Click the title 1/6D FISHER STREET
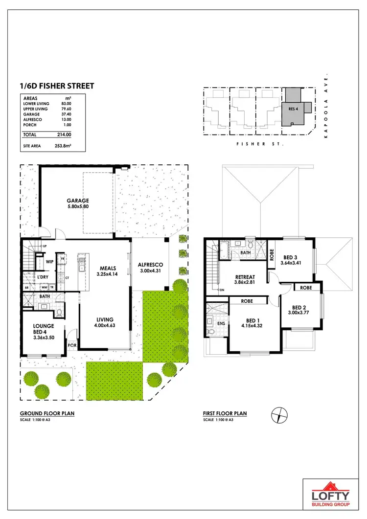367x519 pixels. [x=57, y=86]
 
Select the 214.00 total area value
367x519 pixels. [x=64, y=135]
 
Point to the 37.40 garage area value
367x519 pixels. [x=66, y=114]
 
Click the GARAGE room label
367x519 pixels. [x=78, y=201]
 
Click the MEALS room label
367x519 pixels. [x=108, y=268]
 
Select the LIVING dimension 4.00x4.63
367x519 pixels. [x=104, y=325]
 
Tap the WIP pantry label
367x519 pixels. [x=49, y=262]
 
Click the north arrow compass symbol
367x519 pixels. [x=278, y=415]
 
